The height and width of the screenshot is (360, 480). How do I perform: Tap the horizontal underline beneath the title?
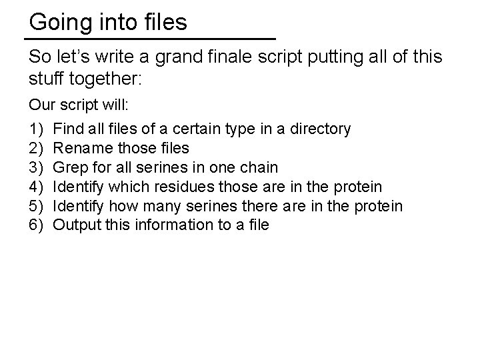coord(152,38)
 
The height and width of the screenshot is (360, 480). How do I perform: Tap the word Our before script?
coord(41,106)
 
